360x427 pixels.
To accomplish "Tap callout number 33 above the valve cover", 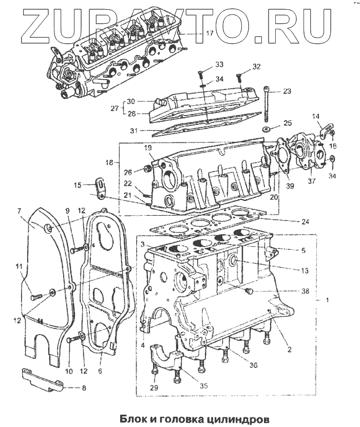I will (204, 65).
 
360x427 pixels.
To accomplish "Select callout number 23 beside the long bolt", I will (286, 92).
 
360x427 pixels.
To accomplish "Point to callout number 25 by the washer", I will (287, 123).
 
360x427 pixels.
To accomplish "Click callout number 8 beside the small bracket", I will (78, 388).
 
